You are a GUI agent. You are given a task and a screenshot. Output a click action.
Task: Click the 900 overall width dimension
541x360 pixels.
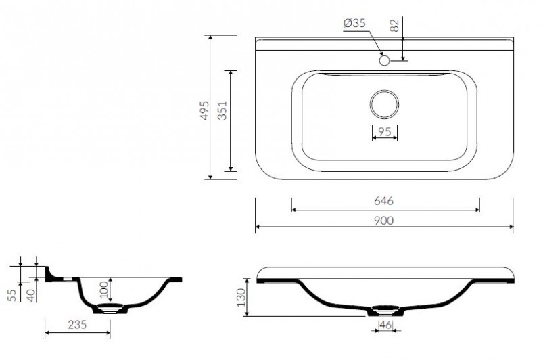coord(383,221)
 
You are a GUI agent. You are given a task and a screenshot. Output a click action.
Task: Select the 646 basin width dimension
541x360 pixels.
coord(383,201)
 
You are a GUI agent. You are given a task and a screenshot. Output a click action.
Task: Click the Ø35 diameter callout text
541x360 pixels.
coord(354,24)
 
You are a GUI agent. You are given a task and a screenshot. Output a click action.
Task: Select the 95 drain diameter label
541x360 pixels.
coord(384,132)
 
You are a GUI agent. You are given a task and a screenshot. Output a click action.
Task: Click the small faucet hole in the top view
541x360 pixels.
coord(384,61)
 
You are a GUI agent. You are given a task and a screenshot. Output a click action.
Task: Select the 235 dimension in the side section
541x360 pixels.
coord(77,325)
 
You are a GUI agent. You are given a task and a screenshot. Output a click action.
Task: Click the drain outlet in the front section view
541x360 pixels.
coord(384,311)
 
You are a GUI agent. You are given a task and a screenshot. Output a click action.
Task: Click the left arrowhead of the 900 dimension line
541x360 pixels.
coord(258,227)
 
